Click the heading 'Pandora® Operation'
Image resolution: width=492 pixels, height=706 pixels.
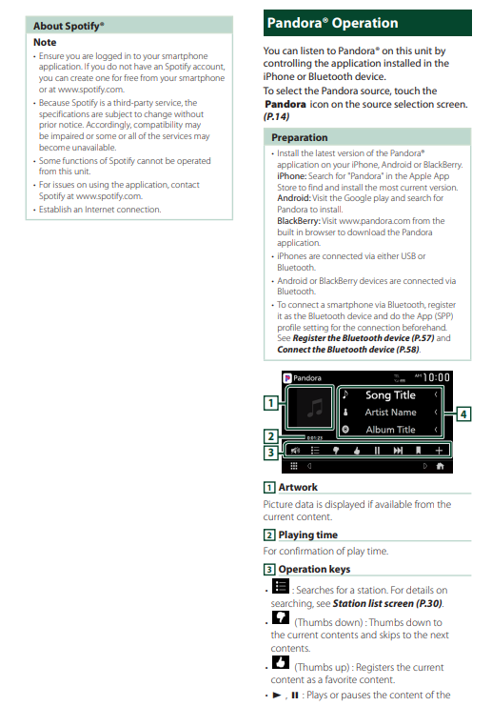(x=332, y=23)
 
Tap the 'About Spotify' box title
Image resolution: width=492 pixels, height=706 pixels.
(x=69, y=26)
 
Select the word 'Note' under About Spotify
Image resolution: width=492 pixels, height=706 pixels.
(x=45, y=42)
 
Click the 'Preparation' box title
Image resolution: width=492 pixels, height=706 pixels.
(x=300, y=137)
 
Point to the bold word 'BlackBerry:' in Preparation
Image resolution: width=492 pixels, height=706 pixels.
(x=299, y=221)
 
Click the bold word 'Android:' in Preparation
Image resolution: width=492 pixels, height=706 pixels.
(x=294, y=198)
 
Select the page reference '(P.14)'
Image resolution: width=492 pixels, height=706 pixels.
(x=276, y=116)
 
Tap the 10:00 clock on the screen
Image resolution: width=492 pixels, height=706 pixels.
(x=436, y=377)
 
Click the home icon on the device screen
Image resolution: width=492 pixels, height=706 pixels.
(x=441, y=466)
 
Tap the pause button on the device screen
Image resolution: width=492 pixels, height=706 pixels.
(x=377, y=451)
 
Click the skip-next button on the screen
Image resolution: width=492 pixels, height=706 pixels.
(x=398, y=451)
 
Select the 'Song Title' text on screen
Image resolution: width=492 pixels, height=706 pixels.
(x=390, y=395)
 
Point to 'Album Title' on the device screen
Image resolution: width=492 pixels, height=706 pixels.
(x=390, y=430)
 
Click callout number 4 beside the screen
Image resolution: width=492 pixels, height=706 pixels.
(x=463, y=414)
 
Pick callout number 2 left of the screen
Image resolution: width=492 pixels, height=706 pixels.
(x=270, y=435)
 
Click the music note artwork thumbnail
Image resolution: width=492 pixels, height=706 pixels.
(x=310, y=408)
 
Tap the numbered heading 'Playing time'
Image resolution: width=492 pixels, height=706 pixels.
(x=308, y=535)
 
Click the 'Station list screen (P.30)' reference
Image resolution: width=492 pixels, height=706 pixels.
(x=387, y=603)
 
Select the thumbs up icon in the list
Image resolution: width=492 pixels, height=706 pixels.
(x=280, y=662)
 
